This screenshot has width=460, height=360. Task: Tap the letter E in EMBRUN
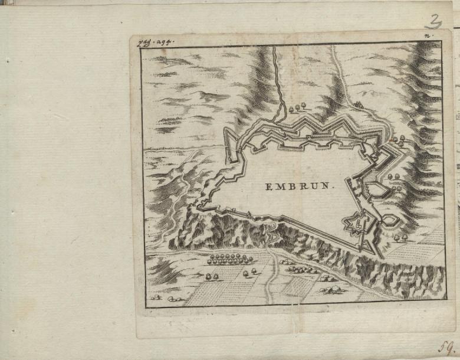click(268, 187)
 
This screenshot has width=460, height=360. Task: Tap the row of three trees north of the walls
click(298, 107)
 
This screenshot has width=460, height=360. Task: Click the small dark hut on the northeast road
click(357, 106)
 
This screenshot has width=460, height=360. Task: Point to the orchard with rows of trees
click(226, 258)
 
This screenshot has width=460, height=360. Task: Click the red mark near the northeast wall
click(390, 140)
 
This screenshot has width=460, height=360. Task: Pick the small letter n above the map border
click(426, 37)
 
